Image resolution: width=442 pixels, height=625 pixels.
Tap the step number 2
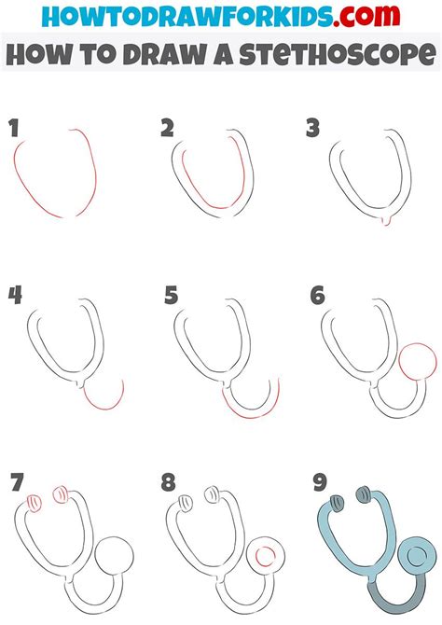[167, 129]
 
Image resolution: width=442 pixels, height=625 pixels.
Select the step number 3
[314, 129]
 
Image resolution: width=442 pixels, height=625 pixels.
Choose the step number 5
[170, 296]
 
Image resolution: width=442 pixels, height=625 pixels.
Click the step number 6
[317, 296]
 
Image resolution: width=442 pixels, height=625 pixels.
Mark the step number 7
[15, 483]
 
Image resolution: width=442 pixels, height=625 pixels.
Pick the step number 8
[168, 483]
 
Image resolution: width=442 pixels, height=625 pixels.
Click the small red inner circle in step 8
[266, 558]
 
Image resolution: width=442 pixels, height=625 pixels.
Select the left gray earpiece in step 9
[333, 503]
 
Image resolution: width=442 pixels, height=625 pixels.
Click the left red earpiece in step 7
[34, 503]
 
